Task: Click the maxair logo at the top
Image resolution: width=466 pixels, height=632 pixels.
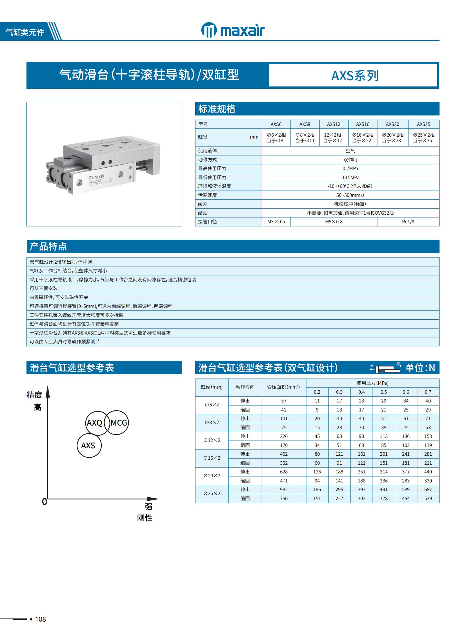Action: [233, 30]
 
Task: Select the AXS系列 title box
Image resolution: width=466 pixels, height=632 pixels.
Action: [355, 75]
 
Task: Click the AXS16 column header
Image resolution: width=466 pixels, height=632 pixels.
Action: [363, 124]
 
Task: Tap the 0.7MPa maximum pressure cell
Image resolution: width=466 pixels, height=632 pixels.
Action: [350, 168]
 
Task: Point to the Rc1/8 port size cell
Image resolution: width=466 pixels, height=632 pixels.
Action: [408, 222]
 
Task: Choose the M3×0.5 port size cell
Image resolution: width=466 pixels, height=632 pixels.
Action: [276, 222]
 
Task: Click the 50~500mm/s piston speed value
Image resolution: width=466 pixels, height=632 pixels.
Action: [350, 195]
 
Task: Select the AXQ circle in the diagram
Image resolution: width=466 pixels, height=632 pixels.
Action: [95, 423]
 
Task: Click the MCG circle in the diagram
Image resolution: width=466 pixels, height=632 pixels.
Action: [119, 422]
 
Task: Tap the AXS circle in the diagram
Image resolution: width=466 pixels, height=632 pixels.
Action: [88, 446]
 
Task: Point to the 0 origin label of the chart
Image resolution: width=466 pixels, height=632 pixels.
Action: [44, 502]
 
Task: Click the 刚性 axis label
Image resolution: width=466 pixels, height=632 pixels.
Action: [145, 518]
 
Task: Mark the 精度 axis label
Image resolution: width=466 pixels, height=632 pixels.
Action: [34, 395]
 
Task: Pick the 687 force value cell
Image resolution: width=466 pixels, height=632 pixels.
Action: [428, 489]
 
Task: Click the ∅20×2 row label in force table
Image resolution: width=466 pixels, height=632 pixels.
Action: [212, 476]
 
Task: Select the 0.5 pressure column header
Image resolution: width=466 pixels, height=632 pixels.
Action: [383, 392]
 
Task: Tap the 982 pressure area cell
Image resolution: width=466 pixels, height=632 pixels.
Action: [284, 489]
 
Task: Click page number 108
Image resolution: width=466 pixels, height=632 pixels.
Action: [40, 619]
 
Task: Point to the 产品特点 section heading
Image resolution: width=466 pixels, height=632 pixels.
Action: [48, 246]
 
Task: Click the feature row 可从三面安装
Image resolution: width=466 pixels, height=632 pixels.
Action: [44, 288]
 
